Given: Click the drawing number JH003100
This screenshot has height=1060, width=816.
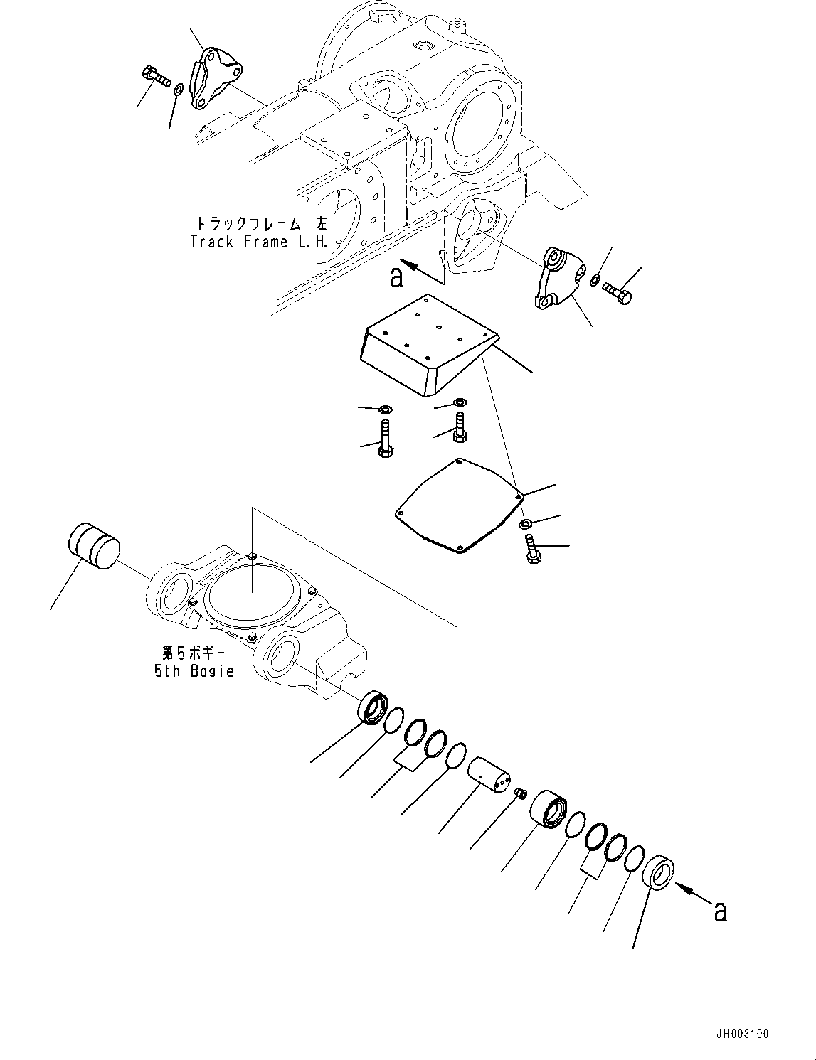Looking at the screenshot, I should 737,1033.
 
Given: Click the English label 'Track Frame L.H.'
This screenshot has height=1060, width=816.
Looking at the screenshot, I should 259,242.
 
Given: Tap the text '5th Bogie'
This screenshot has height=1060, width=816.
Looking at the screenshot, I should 194,670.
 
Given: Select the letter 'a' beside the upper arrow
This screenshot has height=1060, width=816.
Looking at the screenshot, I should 397,277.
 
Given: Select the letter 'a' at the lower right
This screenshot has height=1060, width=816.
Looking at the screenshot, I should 720,911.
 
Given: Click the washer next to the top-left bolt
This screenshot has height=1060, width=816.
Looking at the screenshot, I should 179,89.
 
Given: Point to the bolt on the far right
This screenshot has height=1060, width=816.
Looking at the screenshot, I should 617,292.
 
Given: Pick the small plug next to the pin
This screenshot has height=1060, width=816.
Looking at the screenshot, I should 519,793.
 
